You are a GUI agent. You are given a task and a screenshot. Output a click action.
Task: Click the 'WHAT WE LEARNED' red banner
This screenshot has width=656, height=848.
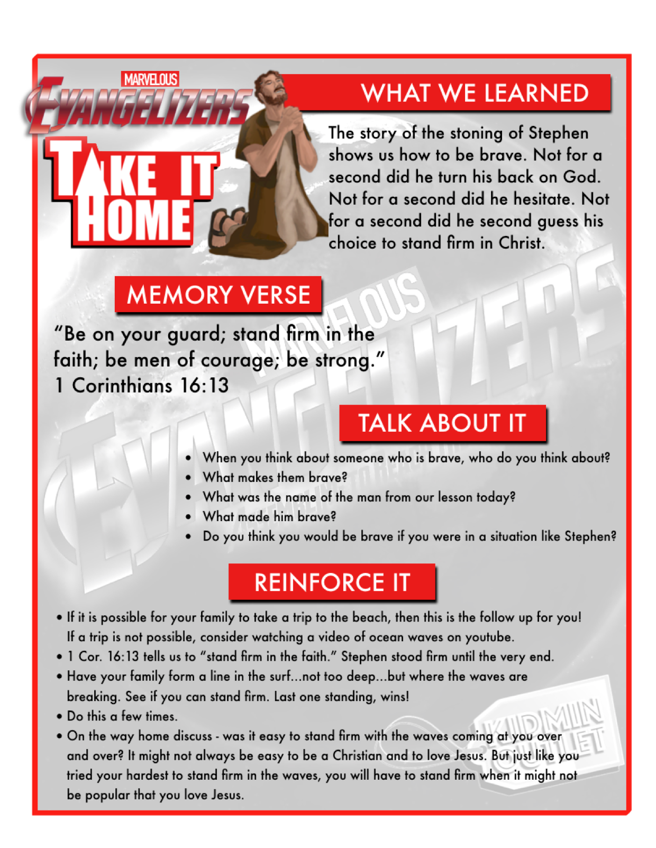[475, 93]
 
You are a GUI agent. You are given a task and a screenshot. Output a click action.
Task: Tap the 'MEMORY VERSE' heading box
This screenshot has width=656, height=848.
[218, 295]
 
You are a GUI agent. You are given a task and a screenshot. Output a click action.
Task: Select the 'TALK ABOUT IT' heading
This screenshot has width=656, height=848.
[442, 423]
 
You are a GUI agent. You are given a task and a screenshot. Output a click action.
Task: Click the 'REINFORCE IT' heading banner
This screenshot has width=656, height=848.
[332, 582]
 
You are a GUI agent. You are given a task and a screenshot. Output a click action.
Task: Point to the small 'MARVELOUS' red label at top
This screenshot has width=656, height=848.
[150, 79]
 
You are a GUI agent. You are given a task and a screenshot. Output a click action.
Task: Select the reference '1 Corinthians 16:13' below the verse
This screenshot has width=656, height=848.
[142, 385]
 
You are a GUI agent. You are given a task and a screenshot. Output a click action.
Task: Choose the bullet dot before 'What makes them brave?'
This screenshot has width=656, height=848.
[189, 477]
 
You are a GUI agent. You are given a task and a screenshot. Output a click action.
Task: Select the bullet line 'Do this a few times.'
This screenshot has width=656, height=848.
[122, 716]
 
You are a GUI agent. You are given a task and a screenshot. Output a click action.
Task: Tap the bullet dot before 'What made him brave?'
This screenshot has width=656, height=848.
[189, 517]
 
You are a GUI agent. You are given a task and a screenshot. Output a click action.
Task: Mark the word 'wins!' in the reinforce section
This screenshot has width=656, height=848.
[395, 697]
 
